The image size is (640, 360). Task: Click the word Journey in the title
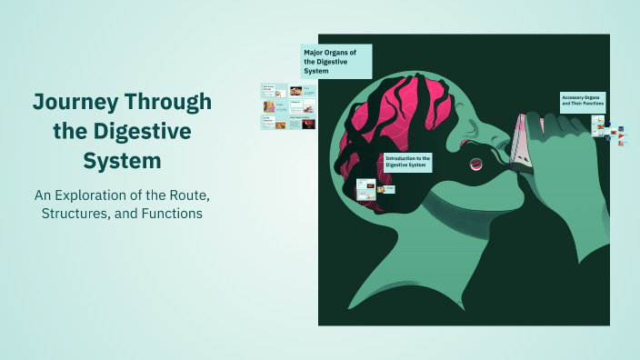coord(75,101)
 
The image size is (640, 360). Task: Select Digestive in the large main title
coord(148,131)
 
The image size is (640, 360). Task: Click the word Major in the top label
coord(315,53)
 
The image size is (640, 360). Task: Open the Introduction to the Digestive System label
coord(408,162)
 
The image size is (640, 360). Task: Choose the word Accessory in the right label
coord(575,96)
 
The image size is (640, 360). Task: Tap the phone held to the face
coord(523,145)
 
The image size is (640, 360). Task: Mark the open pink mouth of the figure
coord(475,164)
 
